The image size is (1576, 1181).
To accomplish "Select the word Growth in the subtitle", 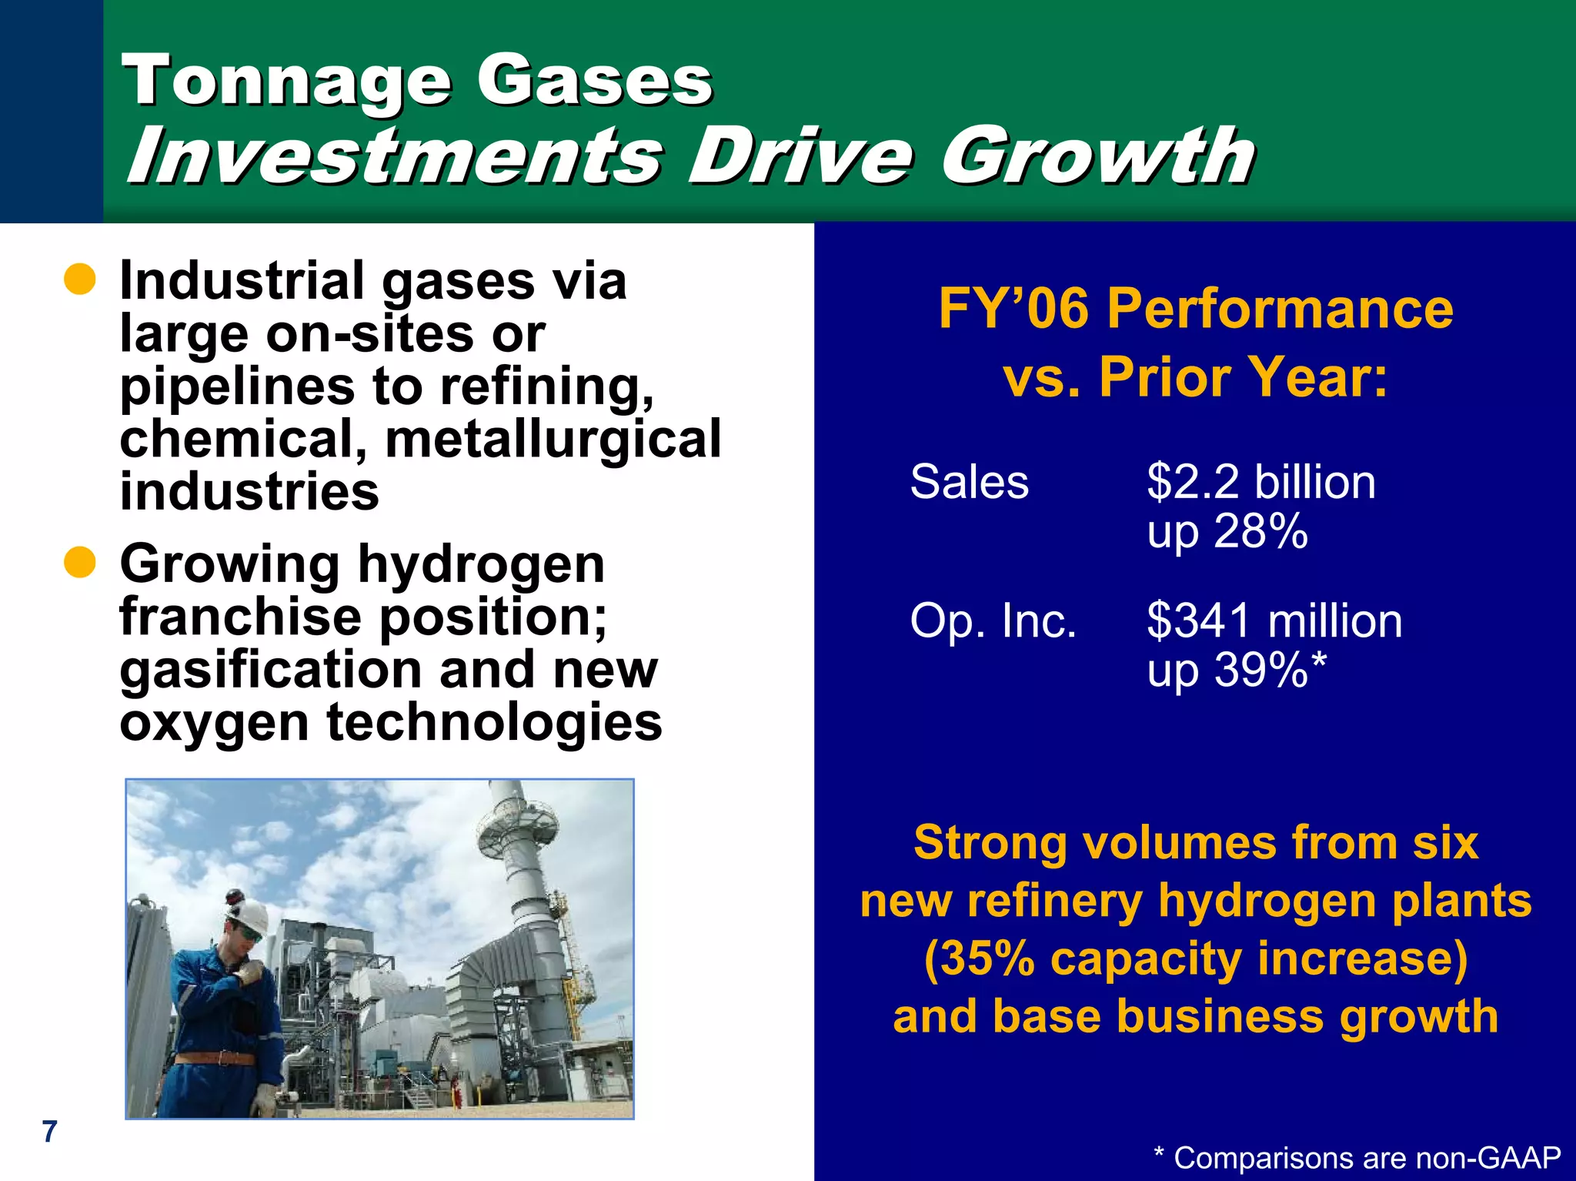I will (x=1098, y=156).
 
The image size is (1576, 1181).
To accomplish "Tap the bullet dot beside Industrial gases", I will (x=79, y=280).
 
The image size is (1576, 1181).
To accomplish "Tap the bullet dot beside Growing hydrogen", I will (x=79, y=563).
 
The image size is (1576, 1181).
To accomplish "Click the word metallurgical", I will (x=553, y=439).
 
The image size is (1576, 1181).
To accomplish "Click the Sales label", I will (x=969, y=482).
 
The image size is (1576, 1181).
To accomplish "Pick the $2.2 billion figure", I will (x=1260, y=482).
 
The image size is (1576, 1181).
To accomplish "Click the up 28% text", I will (x=1227, y=531).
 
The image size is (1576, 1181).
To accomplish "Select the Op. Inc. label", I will (x=993, y=621).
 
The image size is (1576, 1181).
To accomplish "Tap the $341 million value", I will (x=1274, y=621).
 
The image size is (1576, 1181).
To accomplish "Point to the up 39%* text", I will (x=1236, y=670).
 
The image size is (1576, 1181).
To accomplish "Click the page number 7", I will (x=49, y=1131).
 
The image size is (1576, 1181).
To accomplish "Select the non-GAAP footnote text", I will (x=1357, y=1158).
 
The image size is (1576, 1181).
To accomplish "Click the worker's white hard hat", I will (x=248, y=912).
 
